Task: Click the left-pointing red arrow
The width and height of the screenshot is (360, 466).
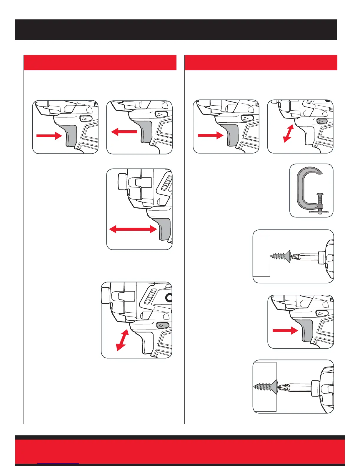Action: (x=124, y=132)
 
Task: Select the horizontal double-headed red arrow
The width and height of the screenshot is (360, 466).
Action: (x=133, y=229)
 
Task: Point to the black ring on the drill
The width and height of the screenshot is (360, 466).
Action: (x=169, y=298)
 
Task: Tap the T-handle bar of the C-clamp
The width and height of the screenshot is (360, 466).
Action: (x=319, y=212)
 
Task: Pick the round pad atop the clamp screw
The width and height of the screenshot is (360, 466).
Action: (x=320, y=194)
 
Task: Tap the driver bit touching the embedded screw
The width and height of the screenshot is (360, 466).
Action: (x=294, y=387)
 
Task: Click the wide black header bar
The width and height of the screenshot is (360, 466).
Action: (x=176, y=30)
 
